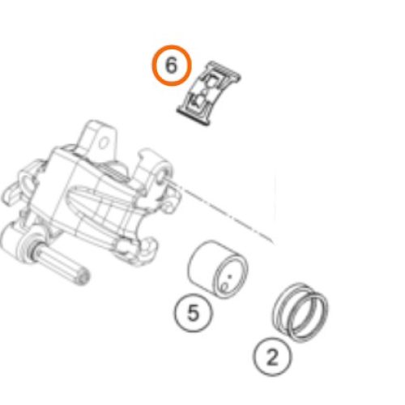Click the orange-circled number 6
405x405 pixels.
pyautogui.click(x=172, y=66)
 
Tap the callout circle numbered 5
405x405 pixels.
pyautogui.click(x=194, y=313)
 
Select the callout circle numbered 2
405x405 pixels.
pyautogui.click(x=272, y=357)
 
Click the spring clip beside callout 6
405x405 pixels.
pyautogui.click(x=209, y=94)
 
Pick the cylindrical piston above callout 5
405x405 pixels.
pyautogui.click(x=217, y=269)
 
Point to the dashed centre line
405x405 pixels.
pyautogui.click(x=221, y=212)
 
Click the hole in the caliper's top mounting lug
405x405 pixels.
pyautogui.click(x=104, y=143)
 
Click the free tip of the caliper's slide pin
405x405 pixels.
pyautogui.click(x=83, y=278)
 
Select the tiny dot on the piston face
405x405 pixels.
pyautogui.click(x=230, y=276)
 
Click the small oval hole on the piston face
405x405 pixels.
pyautogui.click(x=224, y=287)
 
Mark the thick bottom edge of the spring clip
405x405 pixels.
pyautogui.click(x=193, y=118)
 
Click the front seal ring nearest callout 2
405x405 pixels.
pyautogui.click(x=308, y=318)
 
